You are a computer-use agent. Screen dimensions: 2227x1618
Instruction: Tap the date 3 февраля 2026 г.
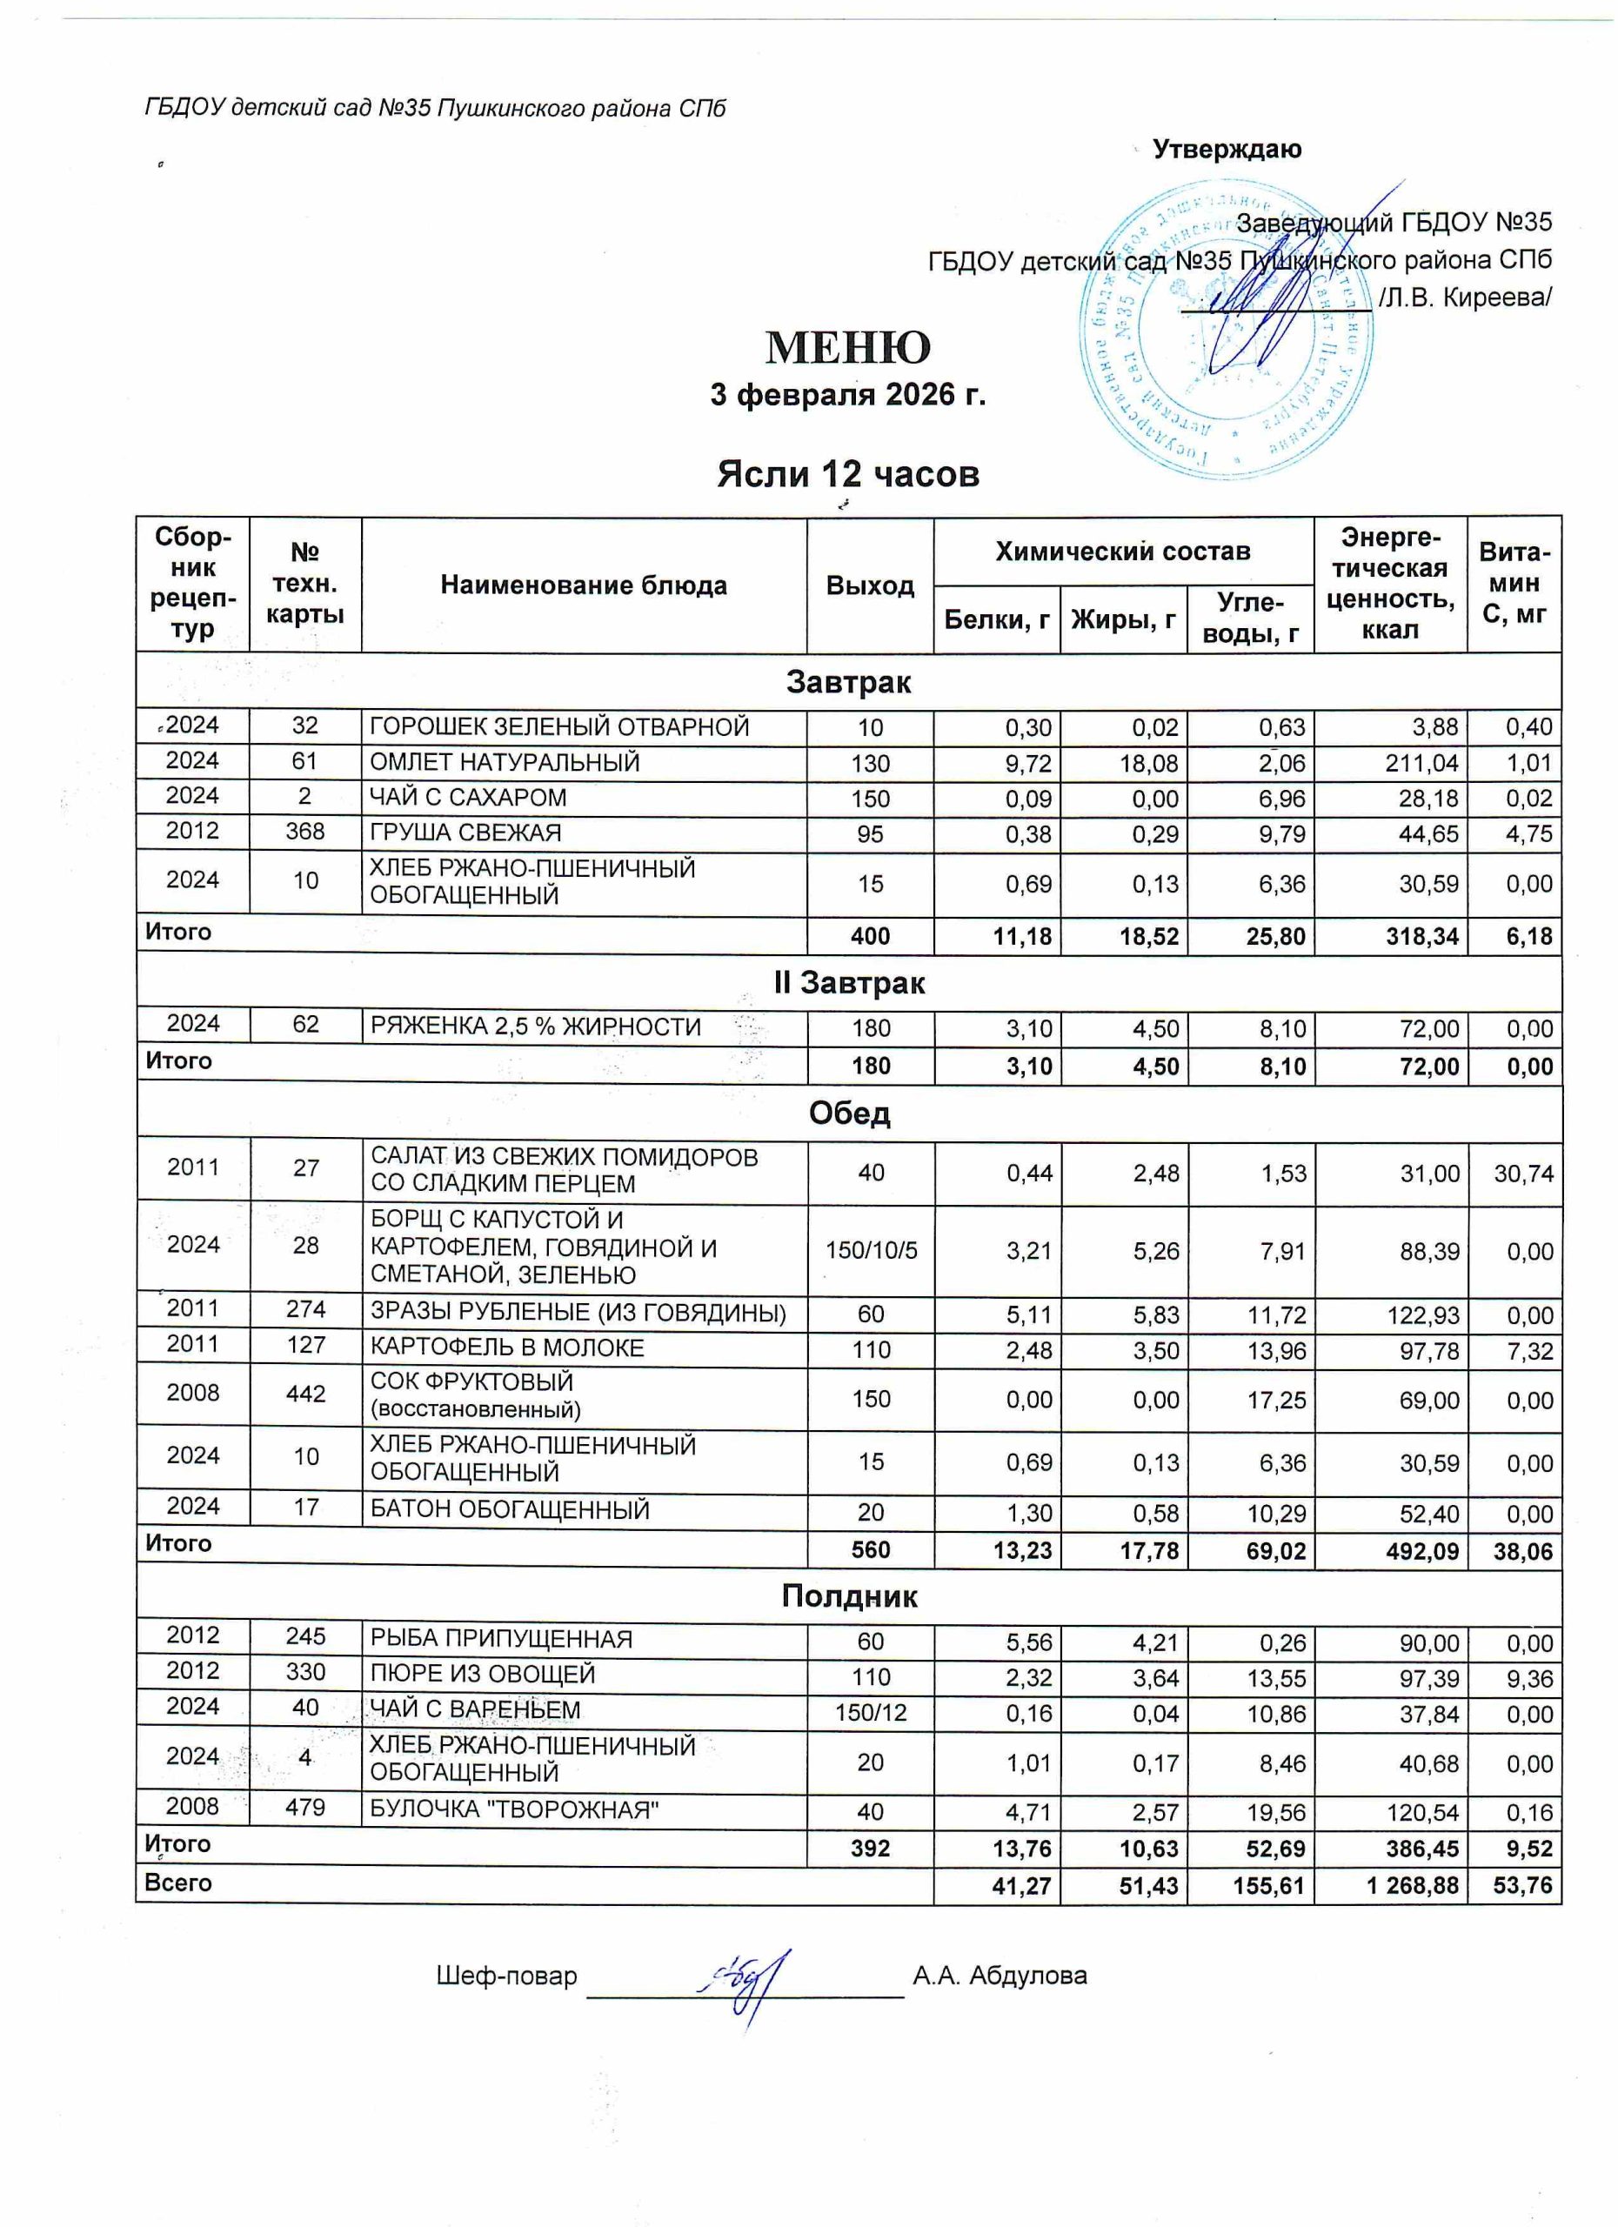847,395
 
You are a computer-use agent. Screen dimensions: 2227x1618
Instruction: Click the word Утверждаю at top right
1227,150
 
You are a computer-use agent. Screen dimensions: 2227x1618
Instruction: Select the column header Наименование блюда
583,586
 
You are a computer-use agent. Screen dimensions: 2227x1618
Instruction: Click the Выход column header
870,586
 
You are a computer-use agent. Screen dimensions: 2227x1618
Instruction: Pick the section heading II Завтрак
848,983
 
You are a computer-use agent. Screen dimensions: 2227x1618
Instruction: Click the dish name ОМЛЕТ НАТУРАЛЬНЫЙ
505,762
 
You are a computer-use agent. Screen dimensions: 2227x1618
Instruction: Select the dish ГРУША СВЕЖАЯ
465,833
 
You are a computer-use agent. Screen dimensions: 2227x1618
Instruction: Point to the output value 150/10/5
871,1251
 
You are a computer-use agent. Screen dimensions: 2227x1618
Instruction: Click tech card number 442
305,1393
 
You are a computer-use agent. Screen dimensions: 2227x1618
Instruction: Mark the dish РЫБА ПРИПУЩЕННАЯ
501,1639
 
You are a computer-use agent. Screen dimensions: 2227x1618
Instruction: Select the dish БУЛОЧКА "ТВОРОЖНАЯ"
513,1809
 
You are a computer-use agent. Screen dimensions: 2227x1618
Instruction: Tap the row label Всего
177,1883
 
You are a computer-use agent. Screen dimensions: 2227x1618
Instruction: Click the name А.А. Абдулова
1000,1976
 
